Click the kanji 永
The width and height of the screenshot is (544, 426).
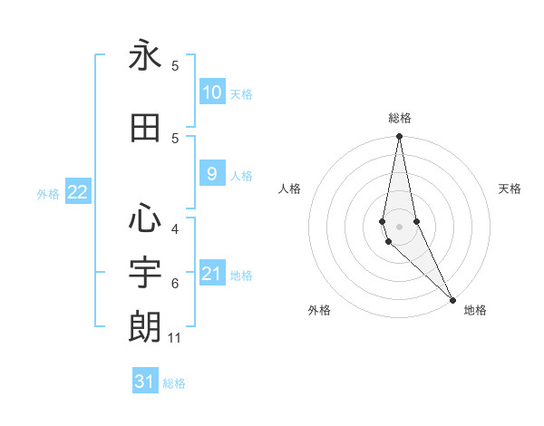[x=145, y=56]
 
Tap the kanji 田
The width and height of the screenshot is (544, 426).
[x=145, y=129]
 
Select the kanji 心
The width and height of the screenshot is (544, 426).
[x=145, y=218]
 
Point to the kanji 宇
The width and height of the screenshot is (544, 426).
[x=145, y=273]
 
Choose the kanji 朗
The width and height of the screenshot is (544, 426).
[x=145, y=327]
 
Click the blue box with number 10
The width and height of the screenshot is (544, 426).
[x=211, y=92]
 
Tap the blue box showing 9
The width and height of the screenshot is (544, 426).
[x=211, y=175]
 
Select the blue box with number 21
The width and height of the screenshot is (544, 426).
[x=211, y=274]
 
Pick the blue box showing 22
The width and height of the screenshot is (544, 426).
[x=77, y=192]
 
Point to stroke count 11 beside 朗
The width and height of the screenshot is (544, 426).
[x=176, y=338]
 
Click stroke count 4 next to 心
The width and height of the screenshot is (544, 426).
[x=175, y=228]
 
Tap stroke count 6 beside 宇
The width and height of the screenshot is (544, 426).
[x=175, y=284]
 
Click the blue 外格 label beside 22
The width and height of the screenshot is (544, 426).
[x=48, y=193]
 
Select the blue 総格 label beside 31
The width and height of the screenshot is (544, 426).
[x=174, y=383]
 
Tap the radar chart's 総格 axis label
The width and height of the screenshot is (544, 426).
[x=399, y=118]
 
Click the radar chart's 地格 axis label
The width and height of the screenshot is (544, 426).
[x=475, y=310]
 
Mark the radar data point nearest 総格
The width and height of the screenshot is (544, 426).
[x=399, y=137]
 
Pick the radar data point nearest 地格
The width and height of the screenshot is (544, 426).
[x=452, y=300]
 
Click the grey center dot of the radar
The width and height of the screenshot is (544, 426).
[x=399, y=226]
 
